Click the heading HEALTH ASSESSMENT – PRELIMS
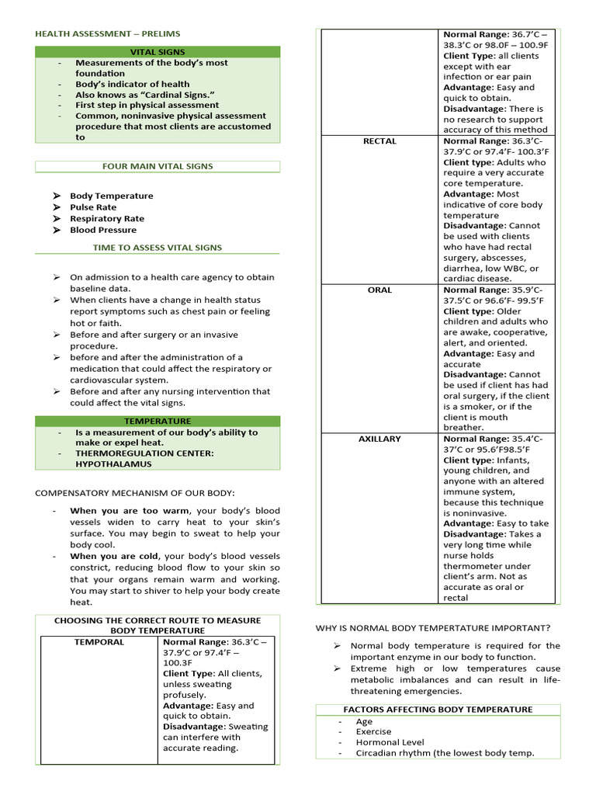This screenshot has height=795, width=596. click(x=107, y=34)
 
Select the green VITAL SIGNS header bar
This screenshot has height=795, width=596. click(x=158, y=52)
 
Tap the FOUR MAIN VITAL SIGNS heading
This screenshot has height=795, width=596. click(x=158, y=166)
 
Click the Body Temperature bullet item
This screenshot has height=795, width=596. click(x=111, y=196)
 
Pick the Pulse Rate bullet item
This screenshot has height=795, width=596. click(x=93, y=207)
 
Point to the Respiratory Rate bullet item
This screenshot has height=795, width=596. click(x=107, y=219)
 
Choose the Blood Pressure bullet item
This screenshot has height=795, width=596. click(x=103, y=230)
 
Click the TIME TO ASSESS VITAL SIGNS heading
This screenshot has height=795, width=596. click(x=158, y=248)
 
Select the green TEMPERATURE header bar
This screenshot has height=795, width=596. click(x=158, y=422)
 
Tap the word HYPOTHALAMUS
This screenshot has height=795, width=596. click(x=113, y=464)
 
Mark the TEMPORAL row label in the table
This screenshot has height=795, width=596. click(x=99, y=643)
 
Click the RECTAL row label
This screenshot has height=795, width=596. click(x=379, y=141)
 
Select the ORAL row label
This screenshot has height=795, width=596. click(x=379, y=290)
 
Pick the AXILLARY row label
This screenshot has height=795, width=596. click(x=379, y=439)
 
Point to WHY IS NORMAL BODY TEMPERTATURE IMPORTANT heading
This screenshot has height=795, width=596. click(x=433, y=627)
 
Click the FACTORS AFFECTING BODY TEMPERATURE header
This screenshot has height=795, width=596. click(x=438, y=710)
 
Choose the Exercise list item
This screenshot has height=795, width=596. click(x=373, y=731)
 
